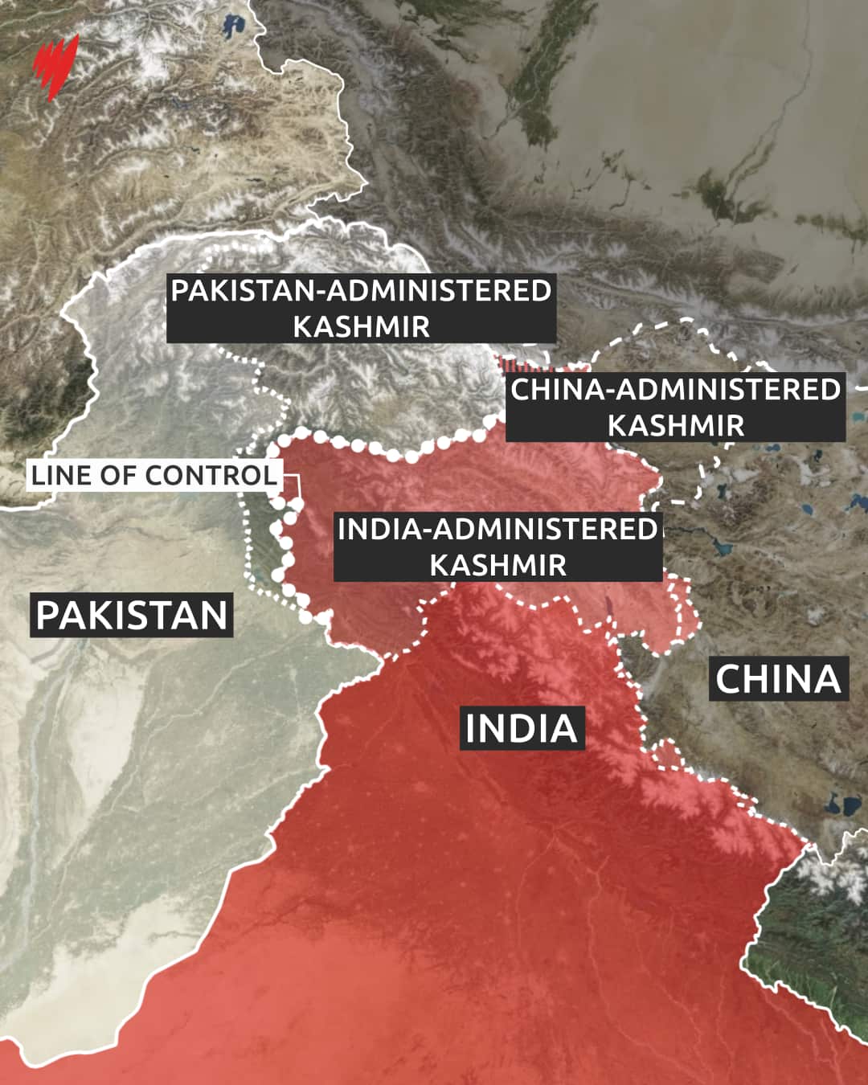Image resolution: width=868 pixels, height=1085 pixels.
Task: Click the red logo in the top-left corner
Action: [55, 67]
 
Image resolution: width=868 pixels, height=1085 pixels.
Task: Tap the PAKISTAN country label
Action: [132, 616]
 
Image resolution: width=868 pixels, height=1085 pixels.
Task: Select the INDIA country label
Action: [522, 728]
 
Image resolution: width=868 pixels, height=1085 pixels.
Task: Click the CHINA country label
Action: [778, 679]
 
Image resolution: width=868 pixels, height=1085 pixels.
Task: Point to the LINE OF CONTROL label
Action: [154, 475]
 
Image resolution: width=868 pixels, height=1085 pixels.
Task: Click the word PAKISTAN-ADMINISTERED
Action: [361, 291]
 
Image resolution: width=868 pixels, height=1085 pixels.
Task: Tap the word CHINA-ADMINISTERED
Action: [675, 390]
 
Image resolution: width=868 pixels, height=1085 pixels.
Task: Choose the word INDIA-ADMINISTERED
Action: [497, 530]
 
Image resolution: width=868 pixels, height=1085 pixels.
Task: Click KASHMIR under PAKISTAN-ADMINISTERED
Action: [361, 327]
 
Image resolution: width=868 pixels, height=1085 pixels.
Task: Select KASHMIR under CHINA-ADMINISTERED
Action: [675, 425]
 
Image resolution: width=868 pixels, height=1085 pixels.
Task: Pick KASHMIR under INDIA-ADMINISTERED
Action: [497, 565]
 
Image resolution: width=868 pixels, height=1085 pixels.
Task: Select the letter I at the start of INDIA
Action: [472, 728]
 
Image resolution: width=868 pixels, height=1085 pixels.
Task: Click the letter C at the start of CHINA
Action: [728, 679]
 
